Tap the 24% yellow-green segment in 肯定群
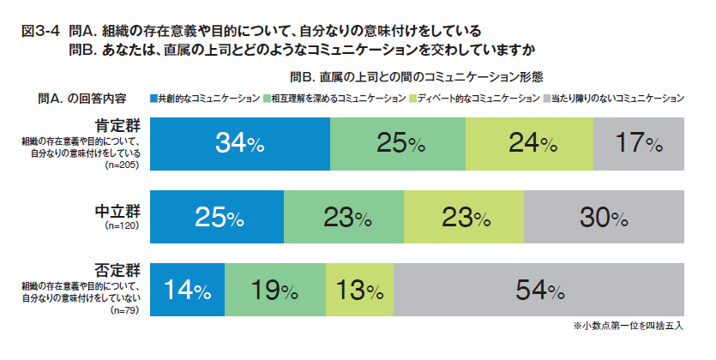pos(530,144)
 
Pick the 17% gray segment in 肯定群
pos(639,144)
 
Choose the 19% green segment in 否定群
pos(275,291)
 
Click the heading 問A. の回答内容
pos(82,97)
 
